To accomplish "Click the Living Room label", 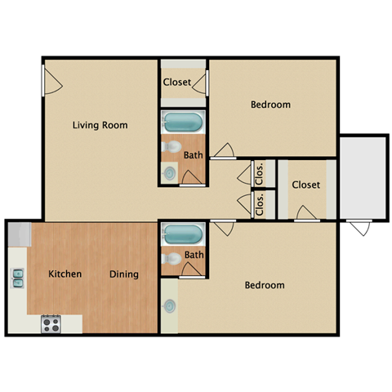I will [x=100, y=125].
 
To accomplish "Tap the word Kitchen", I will [x=65, y=274].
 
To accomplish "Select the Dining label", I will [x=124, y=274].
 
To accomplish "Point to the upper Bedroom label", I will [x=270, y=105].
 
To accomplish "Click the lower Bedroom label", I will [x=265, y=285].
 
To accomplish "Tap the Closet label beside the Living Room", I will [x=177, y=82].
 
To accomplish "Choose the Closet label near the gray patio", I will [x=305, y=185].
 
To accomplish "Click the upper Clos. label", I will [x=260, y=172].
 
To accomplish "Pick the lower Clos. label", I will [x=260, y=203].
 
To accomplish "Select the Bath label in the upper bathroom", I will [x=193, y=155].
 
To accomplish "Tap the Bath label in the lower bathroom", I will [x=194, y=255].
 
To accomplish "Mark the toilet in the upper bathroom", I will [x=171, y=147].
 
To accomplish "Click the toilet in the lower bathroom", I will [x=171, y=258].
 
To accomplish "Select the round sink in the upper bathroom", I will [x=169, y=172].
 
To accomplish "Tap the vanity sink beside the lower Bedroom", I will [x=169, y=306].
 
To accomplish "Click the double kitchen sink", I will [x=17, y=278].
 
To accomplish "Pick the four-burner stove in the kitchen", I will [x=51, y=323].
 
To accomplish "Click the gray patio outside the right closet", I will [x=362, y=178].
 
